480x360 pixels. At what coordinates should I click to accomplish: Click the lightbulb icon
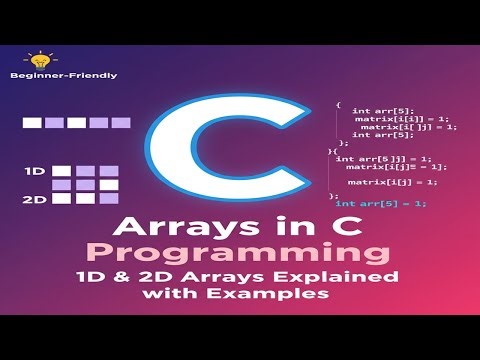click(39, 59)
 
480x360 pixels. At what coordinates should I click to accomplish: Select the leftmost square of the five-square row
click(32, 123)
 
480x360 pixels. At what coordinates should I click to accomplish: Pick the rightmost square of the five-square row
click(121, 123)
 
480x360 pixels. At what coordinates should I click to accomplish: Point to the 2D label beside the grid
click(35, 200)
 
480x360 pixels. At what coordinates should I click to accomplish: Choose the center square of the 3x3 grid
click(85, 185)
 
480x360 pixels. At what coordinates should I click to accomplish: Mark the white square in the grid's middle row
click(62, 185)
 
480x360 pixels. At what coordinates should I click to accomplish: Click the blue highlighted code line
click(381, 203)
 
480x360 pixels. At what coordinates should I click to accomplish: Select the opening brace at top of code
click(338, 104)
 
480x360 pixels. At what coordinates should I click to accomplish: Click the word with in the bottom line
click(172, 295)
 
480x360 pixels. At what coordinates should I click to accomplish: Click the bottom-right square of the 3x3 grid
click(108, 199)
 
